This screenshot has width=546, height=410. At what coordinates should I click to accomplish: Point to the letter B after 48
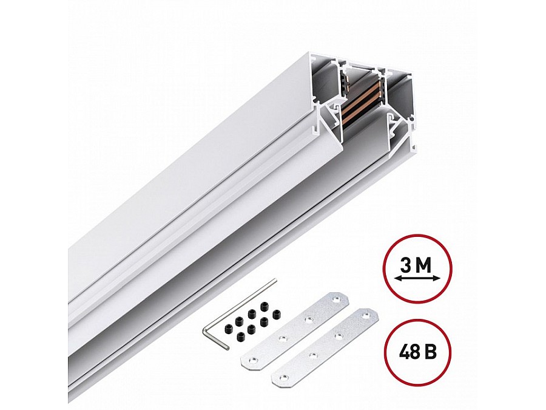tap(432, 352)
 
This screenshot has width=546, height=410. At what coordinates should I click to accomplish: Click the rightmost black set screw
tap(277, 314)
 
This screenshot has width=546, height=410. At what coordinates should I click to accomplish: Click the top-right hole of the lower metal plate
tap(365, 315)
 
